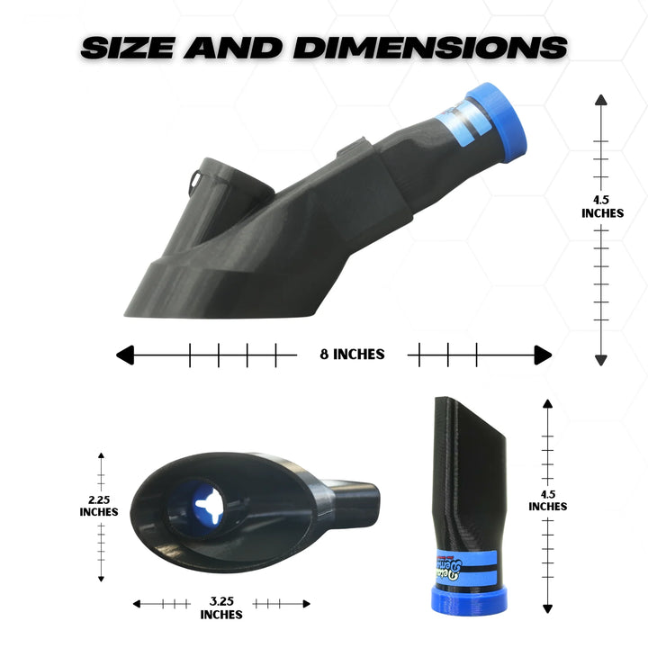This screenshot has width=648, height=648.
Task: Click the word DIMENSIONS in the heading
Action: pos(430,47)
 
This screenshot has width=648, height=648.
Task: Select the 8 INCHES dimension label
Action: pos(352,355)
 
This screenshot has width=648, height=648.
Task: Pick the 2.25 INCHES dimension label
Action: pos(98,505)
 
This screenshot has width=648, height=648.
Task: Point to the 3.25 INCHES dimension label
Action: pos(221,608)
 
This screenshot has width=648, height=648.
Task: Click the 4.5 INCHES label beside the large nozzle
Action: pos(600,206)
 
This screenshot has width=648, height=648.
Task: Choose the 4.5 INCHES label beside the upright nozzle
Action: pos(547,499)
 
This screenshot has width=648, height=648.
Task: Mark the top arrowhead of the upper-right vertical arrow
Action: pos(600,100)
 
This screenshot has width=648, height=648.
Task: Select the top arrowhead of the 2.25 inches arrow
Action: pos(101,457)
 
